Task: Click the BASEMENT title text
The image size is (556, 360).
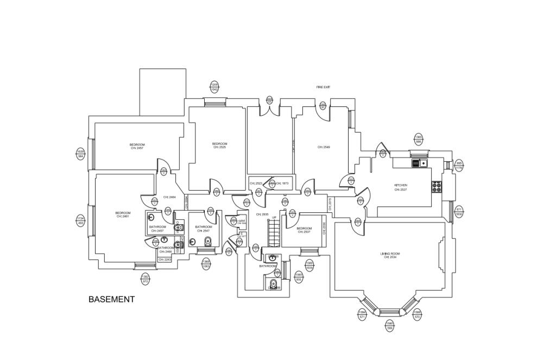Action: click(111, 299)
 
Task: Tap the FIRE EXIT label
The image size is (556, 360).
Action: click(324, 87)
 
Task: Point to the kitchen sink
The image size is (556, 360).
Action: click(420, 163)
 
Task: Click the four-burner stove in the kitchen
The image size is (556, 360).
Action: click(437, 187)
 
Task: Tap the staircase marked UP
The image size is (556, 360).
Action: click(273, 232)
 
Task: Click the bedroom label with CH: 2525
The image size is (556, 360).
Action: click(219, 145)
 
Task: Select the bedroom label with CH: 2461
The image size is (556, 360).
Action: click(123, 214)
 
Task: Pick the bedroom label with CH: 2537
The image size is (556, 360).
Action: click(304, 230)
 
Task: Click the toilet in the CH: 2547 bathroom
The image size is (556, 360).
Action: click(207, 242)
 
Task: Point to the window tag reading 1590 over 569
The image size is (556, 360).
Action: click(390, 326)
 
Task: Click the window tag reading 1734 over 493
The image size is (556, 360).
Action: click(80, 220)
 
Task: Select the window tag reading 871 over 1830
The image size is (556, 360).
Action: click(459, 212)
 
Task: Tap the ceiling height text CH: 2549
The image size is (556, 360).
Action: click(324, 147)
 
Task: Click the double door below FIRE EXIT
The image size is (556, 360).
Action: click(270, 109)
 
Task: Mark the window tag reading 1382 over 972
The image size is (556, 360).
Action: click(146, 279)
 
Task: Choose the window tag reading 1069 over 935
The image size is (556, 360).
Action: click(299, 277)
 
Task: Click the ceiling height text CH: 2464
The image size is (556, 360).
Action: click(169, 197)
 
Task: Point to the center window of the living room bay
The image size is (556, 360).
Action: click(388, 311)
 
